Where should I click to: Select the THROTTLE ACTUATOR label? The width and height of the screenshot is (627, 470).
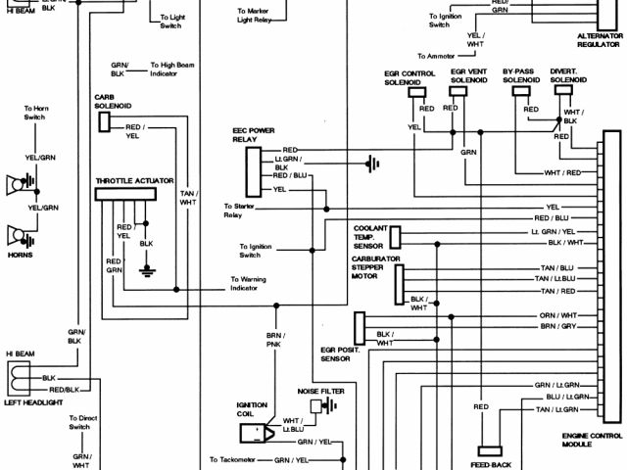(x=134, y=181)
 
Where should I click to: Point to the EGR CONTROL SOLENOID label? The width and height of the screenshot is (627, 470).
(x=410, y=77)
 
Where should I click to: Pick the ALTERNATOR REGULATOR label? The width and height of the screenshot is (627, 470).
(x=600, y=40)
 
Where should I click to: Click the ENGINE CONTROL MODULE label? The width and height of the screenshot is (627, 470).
(x=593, y=440)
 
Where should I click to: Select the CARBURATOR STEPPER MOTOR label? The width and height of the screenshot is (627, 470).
(x=372, y=267)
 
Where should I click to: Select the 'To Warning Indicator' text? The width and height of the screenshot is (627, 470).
(x=244, y=284)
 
